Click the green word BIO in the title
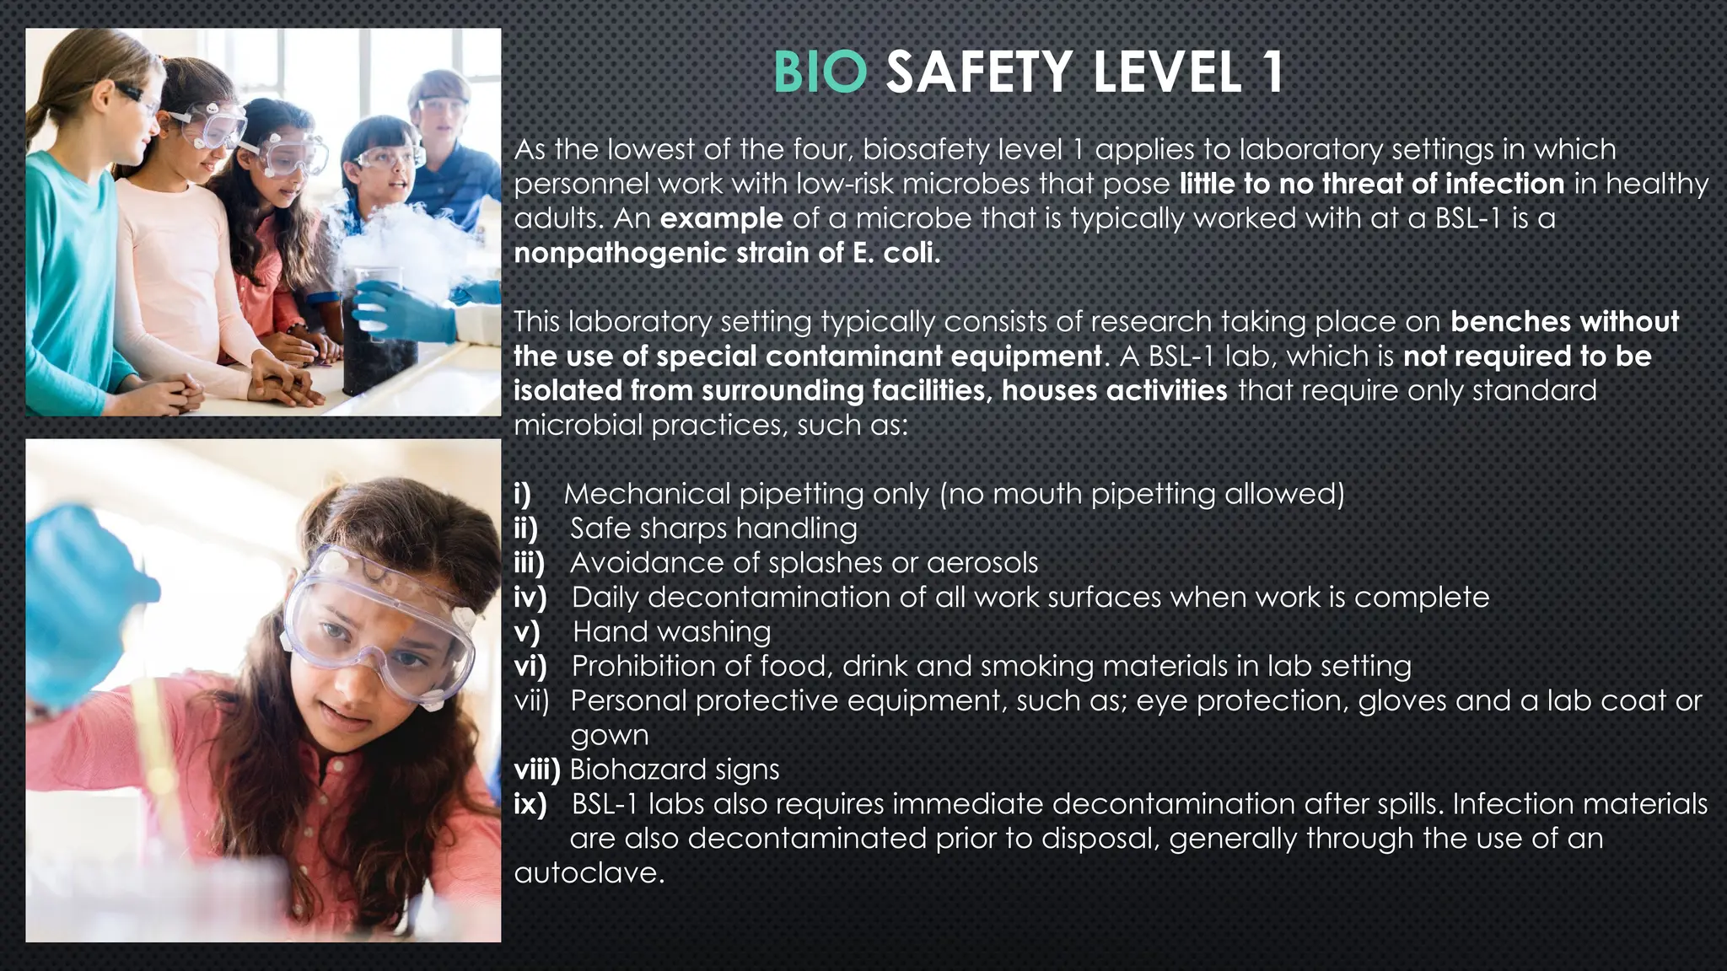(820, 72)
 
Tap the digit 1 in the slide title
(1272, 72)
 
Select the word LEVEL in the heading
(1167, 72)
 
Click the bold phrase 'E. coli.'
(896, 253)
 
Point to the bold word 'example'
(721, 218)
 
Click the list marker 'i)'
(523, 494)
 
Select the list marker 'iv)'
(530, 598)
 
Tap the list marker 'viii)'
(537, 770)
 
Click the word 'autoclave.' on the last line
(589, 872)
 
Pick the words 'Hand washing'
(671, 632)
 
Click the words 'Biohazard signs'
(675, 770)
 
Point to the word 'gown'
(609, 736)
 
